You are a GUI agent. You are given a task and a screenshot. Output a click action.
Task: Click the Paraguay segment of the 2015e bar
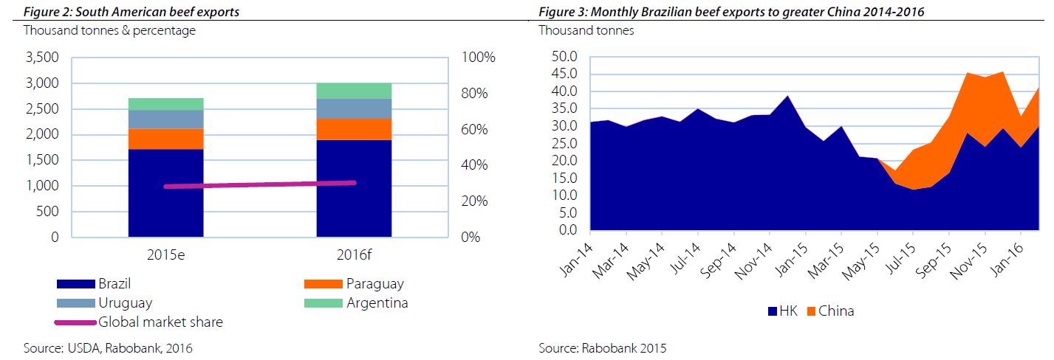click(x=165, y=139)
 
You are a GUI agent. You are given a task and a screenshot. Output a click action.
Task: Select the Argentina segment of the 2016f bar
click(x=354, y=91)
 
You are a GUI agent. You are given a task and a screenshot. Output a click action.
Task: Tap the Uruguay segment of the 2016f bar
click(x=354, y=108)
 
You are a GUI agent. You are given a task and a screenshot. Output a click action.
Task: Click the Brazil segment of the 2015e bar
click(x=165, y=193)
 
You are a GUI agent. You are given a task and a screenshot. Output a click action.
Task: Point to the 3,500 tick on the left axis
click(x=42, y=58)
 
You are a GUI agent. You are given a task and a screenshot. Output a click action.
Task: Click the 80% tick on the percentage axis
click(x=474, y=93)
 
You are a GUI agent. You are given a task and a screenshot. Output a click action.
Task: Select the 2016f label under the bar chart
click(x=354, y=255)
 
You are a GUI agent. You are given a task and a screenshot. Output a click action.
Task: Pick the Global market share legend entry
click(x=139, y=322)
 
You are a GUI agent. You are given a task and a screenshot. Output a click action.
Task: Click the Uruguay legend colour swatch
click(x=76, y=303)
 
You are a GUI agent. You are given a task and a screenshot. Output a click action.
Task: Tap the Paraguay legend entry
click(x=354, y=283)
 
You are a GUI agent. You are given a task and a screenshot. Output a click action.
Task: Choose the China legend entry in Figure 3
click(x=830, y=311)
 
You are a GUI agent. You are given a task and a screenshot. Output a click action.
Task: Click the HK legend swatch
click(x=772, y=311)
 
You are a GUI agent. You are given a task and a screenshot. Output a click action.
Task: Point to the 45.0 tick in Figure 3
click(x=564, y=74)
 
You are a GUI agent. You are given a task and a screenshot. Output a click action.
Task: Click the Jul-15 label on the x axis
click(x=900, y=258)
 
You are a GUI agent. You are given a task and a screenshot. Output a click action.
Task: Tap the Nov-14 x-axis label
click(x=753, y=261)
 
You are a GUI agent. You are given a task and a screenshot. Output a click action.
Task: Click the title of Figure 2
click(x=131, y=12)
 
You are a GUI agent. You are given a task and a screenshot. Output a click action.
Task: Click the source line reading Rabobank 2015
click(x=602, y=348)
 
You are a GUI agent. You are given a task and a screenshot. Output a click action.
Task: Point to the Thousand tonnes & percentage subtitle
click(x=109, y=30)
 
